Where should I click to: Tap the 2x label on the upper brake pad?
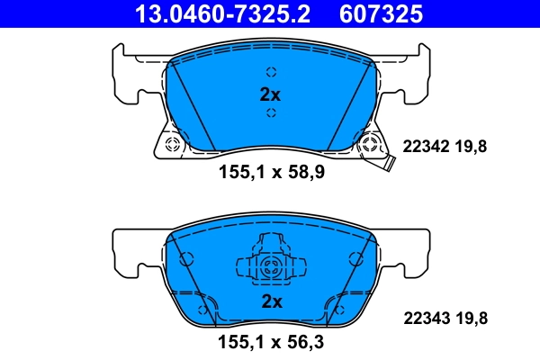pyautogui.click(x=270, y=94)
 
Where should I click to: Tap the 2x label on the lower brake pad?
pyautogui.click(x=270, y=301)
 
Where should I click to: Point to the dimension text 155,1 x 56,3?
pyautogui.click(x=270, y=342)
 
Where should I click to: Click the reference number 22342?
pyautogui.click(x=424, y=147)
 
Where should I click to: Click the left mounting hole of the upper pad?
pyautogui.click(x=174, y=144)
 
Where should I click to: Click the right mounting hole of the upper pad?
pyautogui.click(x=366, y=144)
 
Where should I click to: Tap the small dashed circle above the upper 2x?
pyautogui.click(x=270, y=74)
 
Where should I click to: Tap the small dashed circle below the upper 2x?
pyautogui.click(x=270, y=113)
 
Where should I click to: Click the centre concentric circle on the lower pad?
pyautogui.click(x=271, y=266)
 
